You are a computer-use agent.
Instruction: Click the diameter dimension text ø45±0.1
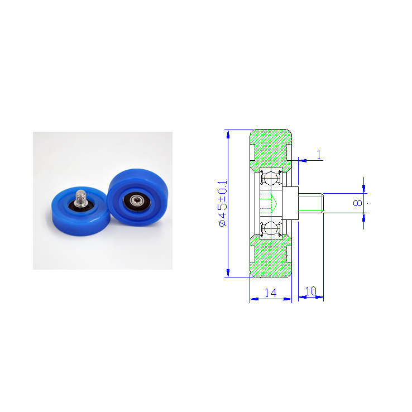coord(223,203)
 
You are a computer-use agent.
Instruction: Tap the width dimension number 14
coord(270,293)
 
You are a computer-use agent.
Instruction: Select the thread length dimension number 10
coord(311,291)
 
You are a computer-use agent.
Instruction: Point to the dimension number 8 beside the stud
coord(358,203)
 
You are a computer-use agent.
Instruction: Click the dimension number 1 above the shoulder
coord(319,155)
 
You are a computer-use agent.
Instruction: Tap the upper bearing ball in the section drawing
coord(271,178)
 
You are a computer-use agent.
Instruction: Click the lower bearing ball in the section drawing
coord(271,228)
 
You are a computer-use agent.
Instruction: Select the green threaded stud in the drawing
coord(311,203)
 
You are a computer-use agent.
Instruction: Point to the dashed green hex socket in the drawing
coord(268,203)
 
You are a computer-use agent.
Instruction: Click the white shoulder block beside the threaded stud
coord(290,203)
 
